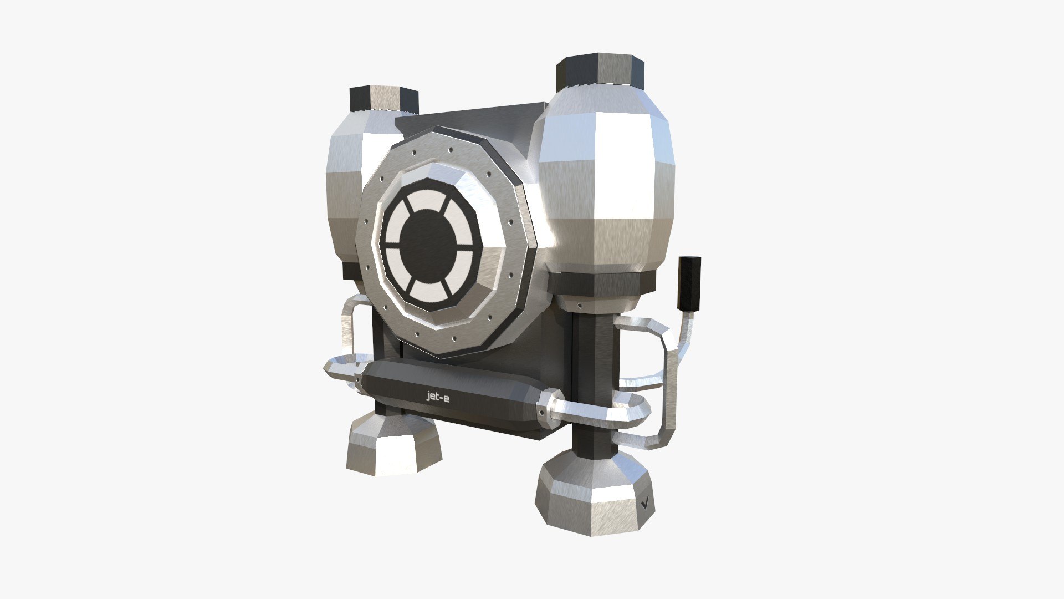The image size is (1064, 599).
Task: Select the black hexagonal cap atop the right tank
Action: (600, 72)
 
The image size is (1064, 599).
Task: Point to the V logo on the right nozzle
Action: (645, 504)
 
